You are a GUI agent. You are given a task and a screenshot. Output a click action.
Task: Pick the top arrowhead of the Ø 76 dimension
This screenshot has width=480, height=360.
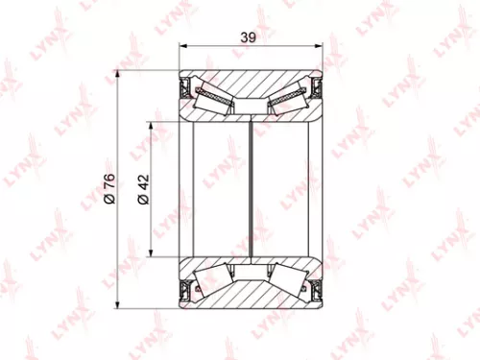[117, 75]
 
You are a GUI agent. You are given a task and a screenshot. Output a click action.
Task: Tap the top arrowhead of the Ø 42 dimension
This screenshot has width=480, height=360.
[152, 126]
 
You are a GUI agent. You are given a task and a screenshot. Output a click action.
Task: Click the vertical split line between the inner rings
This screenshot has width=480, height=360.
[251, 187]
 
